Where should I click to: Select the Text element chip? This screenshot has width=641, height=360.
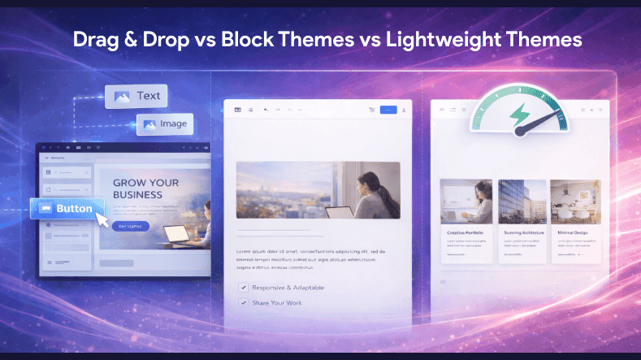[x=136, y=96]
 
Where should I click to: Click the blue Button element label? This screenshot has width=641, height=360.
[x=68, y=208]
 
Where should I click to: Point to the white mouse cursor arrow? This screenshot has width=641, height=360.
[x=103, y=218]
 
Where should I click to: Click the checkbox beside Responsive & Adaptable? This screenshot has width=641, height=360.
[x=242, y=287]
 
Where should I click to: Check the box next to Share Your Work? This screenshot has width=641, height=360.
[x=242, y=302]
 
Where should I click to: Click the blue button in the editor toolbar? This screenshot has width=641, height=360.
[x=388, y=109]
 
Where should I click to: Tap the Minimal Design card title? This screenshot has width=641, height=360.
[x=574, y=232]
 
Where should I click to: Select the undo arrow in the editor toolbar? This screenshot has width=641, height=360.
[x=266, y=109]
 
